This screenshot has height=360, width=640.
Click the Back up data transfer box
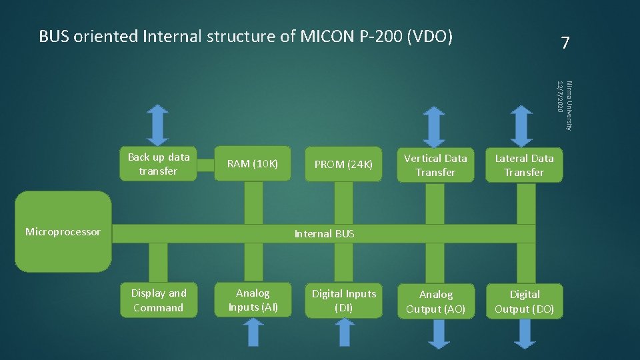[159, 164]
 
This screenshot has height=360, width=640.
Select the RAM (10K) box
[253, 164]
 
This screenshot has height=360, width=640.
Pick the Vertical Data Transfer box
[435, 165]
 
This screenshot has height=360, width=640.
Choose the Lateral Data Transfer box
[524, 165]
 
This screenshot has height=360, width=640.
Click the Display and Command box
[158, 300]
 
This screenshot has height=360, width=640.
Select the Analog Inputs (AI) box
[253, 300]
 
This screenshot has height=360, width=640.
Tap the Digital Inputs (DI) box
[344, 301]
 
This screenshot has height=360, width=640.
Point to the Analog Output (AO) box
[436, 301]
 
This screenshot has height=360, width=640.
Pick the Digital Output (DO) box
[525, 301]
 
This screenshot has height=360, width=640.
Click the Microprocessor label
[63, 232]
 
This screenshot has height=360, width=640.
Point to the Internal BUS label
[324, 234]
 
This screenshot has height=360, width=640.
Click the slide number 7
[565, 44]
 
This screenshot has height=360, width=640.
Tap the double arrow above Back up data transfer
[158, 125]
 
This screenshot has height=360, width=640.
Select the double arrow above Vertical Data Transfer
[435, 127]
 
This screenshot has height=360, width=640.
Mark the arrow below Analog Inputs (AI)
[253, 333]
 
